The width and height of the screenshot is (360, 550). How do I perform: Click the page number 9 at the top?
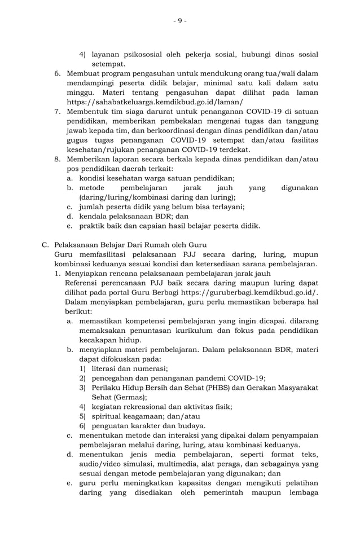[x=179, y=21]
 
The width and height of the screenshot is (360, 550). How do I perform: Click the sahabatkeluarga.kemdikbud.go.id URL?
[x=155, y=102]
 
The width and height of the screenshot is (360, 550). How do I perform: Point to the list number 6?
[x=58, y=73]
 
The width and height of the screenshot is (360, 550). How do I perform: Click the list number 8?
[x=58, y=160]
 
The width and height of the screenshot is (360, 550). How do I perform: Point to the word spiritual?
[x=108, y=416]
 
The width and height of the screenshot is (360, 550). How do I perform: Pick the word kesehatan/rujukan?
[x=104, y=150]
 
